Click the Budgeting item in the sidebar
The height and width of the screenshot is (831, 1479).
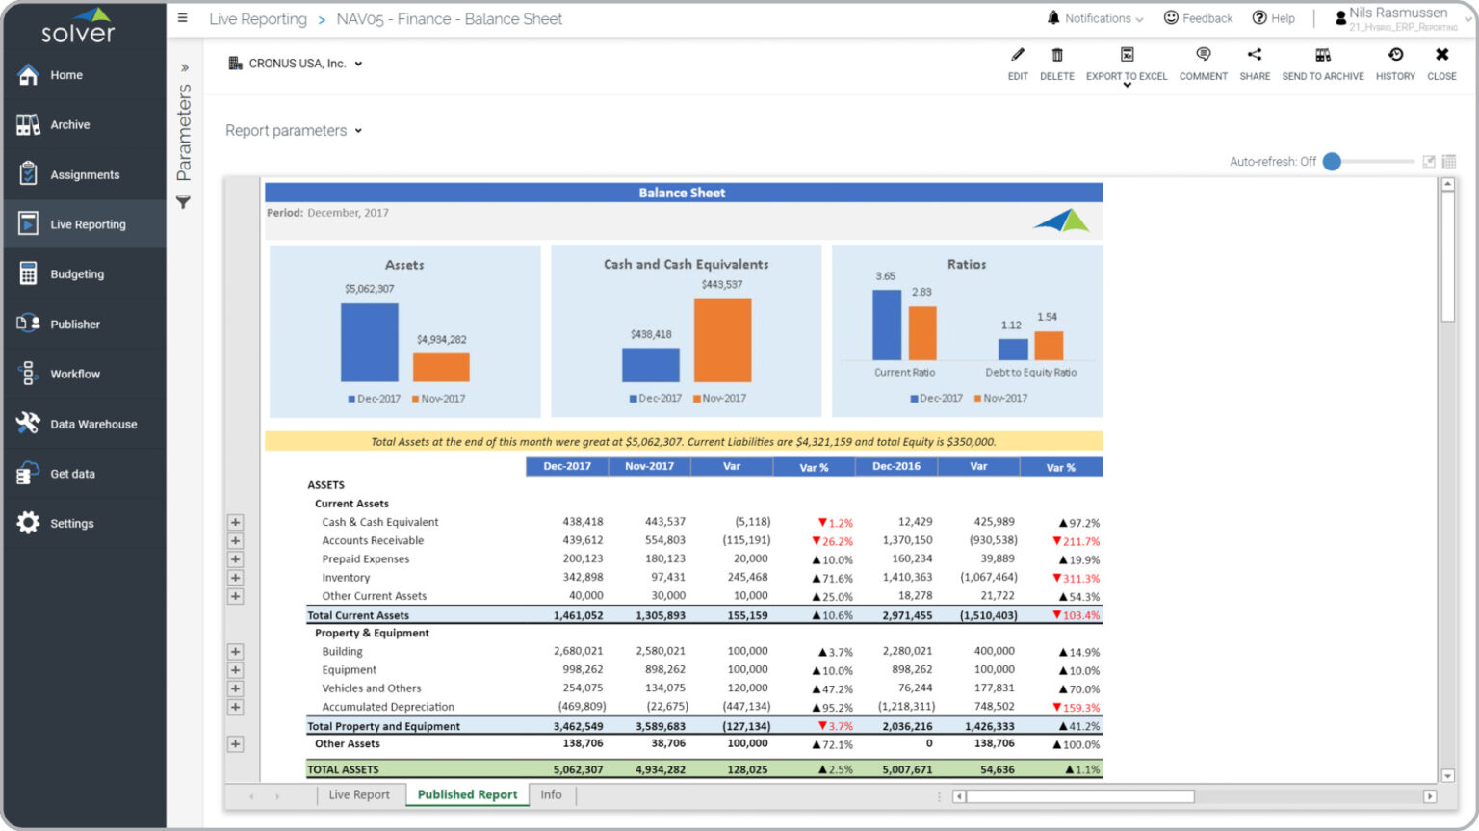76,274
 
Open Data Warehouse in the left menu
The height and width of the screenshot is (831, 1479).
92,424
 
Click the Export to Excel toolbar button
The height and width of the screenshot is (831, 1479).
1127,64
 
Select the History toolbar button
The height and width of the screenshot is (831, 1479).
1395,64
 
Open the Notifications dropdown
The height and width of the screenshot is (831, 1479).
1096,18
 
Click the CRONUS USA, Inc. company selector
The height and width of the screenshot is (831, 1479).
297,64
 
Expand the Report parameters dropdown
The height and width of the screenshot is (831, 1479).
294,131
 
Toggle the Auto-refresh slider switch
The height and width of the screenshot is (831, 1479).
1333,162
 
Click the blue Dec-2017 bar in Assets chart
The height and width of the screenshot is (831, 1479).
369,343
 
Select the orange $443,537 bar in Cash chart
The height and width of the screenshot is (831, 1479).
722,340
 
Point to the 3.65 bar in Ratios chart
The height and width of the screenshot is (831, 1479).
886,325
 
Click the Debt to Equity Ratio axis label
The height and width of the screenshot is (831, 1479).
1030,373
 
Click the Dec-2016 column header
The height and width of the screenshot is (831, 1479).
895,467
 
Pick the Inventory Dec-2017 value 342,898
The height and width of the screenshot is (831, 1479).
583,578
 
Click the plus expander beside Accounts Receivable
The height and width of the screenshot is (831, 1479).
235,541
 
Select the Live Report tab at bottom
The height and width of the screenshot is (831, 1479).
359,795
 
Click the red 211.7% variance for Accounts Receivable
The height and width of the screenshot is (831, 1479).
1079,542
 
